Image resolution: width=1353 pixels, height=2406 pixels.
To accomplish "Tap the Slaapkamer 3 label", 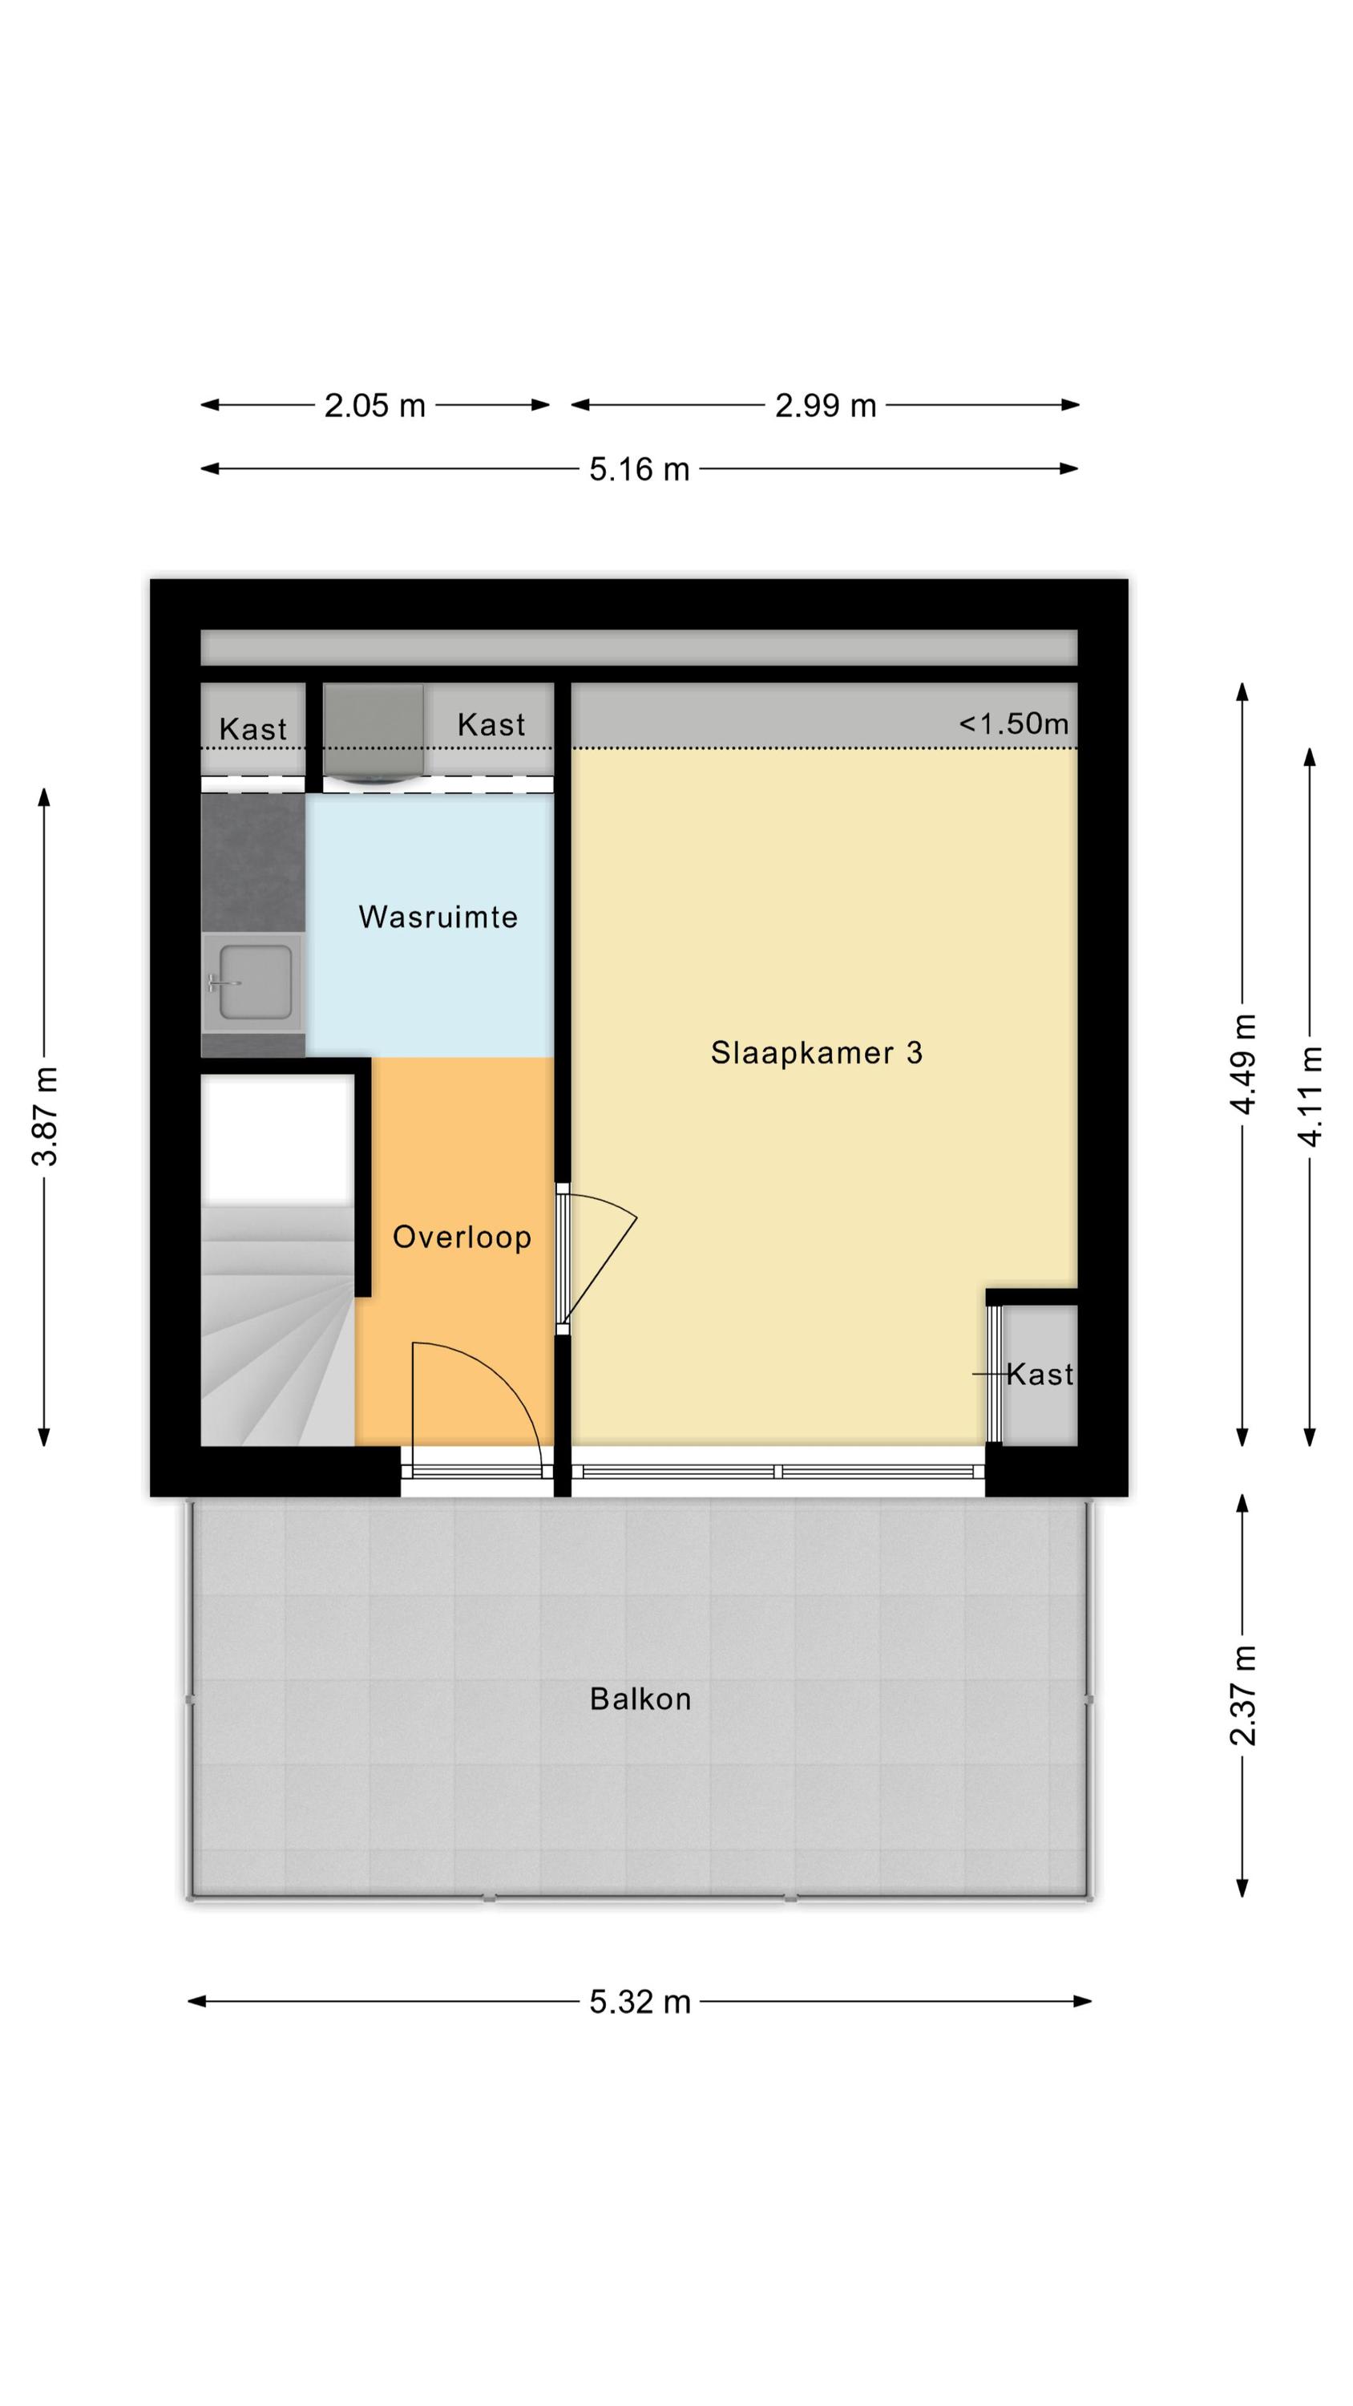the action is (x=816, y=1052).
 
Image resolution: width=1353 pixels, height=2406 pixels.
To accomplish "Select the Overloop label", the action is (x=461, y=1237).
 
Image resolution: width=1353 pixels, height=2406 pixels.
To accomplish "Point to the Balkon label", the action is (x=640, y=1698).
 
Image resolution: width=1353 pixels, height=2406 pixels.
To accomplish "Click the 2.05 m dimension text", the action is (x=374, y=405).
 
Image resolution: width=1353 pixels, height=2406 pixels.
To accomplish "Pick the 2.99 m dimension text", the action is (x=826, y=405).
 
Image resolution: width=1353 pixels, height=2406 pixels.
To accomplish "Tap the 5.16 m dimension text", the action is (x=640, y=469).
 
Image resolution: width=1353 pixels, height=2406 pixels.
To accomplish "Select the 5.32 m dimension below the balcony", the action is (x=640, y=2002).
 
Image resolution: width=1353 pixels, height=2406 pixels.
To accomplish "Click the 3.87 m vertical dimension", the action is (x=45, y=1116).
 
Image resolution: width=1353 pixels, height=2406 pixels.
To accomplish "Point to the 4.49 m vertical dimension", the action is (x=1243, y=1063).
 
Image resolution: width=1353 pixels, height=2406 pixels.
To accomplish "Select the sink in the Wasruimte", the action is (x=254, y=982).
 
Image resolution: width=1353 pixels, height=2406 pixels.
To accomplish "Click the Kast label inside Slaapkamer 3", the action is (x=1040, y=1374).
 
